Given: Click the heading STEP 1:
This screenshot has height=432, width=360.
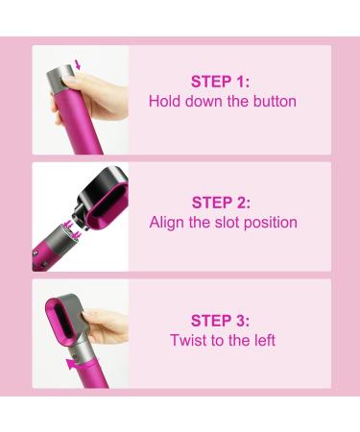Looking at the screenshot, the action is [220, 82].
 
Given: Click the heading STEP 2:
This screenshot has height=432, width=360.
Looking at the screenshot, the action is [221, 203].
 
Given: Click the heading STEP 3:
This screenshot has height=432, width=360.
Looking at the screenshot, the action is [220, 321].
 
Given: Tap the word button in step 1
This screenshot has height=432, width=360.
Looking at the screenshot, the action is [275, 101].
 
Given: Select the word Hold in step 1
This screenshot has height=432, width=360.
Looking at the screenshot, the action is [165, 101].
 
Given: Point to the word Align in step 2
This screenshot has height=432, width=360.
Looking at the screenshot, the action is [167, 223].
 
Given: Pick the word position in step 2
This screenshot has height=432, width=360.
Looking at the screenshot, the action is [271, 223].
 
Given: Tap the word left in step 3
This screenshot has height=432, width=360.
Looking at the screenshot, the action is [265, 340].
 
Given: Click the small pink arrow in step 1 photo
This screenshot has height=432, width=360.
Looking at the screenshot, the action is [77, 64].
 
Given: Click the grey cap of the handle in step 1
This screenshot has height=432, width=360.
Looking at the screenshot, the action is [60, 75].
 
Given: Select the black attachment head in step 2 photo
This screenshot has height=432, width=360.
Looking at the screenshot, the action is [101, 198].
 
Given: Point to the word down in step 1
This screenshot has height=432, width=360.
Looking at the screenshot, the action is [204, 101].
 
